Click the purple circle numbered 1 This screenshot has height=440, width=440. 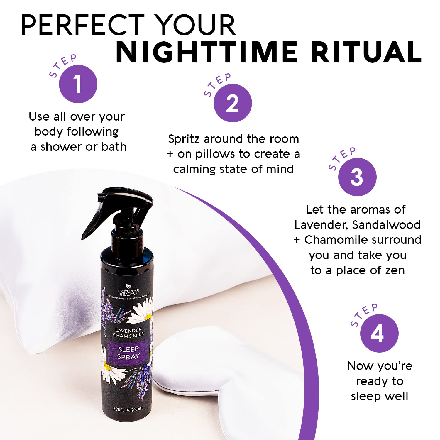tap(78, 84)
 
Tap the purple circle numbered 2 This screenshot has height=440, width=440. tap(233, 103)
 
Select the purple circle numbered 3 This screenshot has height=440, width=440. tap(357, 177)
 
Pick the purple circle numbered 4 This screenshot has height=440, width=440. tap(379, 333)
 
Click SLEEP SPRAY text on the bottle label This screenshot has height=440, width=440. tap(128, 353)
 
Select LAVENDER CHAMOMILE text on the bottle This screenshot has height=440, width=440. tap(128, 332)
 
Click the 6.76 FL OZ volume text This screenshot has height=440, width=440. tap(128, 409)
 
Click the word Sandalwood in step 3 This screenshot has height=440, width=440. tap(386, 225)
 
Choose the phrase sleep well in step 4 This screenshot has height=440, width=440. tap(379, 396)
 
